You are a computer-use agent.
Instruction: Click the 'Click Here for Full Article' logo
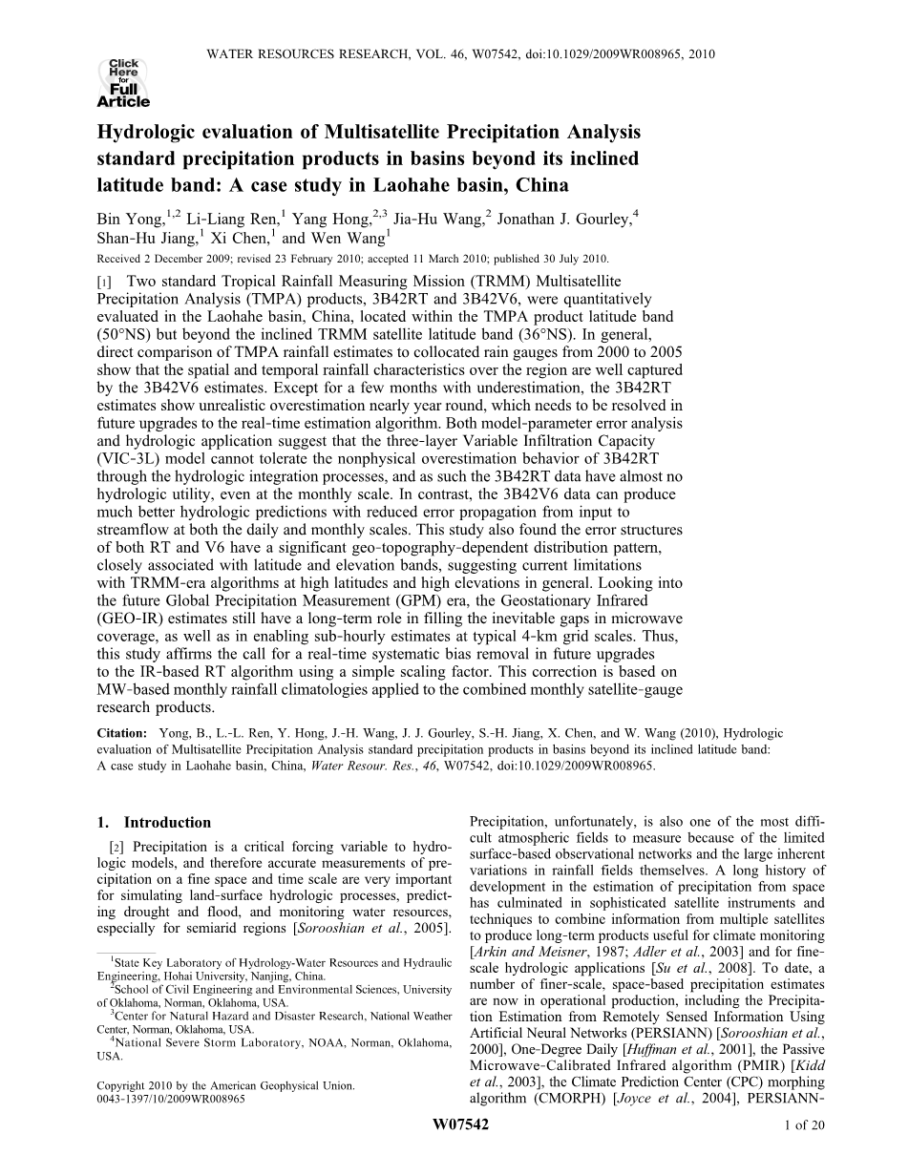point(123,83)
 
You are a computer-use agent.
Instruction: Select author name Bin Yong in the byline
point(128,219)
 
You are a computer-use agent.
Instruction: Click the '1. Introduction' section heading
point(154,822)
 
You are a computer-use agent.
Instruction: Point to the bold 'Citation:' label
point(122,733)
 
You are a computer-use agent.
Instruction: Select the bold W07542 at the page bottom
point(460,1152)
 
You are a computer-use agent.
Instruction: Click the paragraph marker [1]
point(102,282)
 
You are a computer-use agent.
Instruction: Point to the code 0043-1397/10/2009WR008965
point(171,1099)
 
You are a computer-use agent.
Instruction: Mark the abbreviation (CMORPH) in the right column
point(548,1099)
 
